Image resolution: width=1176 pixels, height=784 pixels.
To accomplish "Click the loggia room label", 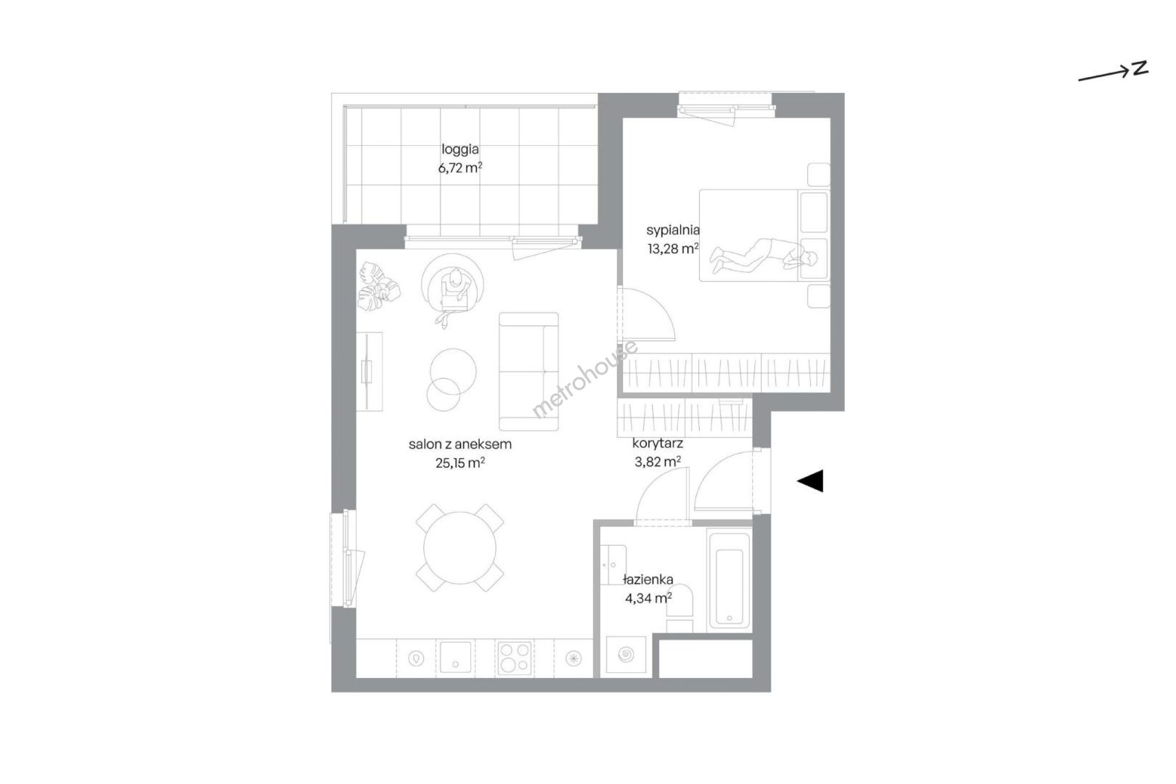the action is (x=460, y=150).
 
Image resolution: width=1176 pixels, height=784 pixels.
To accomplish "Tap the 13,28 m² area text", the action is (x=673, y=248).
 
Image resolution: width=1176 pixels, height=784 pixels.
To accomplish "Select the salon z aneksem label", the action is (x=460, y=444).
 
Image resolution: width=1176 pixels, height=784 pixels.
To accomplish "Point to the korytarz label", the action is (x=657, y=444).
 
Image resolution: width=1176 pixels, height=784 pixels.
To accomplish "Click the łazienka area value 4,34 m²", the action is (x=648, y=598).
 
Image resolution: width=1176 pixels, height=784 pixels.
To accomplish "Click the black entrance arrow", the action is (x=810, y=481).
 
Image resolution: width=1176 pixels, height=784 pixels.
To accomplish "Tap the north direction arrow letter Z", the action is (x=1140, y=69).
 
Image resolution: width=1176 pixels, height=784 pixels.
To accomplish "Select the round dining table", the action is (x=460, y=547).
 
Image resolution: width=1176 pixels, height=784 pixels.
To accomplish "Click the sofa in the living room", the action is (x=528, y=371).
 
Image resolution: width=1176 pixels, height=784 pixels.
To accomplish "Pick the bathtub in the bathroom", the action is (x=730, y=580).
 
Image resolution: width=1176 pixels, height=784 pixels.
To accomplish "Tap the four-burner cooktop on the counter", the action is (x=515, y=658).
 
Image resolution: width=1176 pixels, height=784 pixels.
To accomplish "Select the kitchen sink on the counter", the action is (x=455, y=657).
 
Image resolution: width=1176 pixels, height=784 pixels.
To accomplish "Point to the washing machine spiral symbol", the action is (x=626, y=655).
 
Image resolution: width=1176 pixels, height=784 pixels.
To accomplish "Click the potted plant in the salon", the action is (x=378, y=287).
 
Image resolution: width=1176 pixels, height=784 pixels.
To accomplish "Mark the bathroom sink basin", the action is (x=613, y=565).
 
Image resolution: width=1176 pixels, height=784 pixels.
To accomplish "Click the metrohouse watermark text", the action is (x=585, y=379).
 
